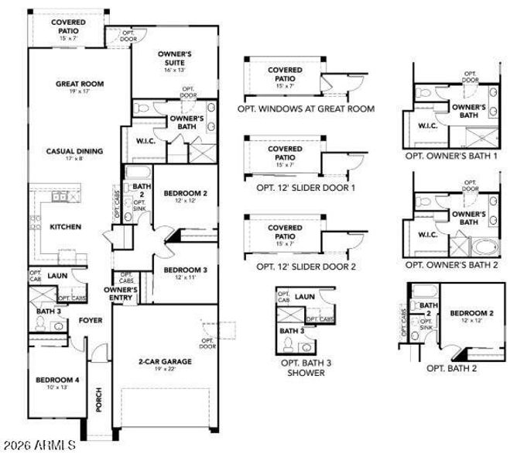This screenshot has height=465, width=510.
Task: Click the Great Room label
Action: (x=79, y=84)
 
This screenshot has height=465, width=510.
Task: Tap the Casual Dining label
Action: (x=74, y=151)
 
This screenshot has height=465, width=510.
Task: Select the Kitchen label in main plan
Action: (x=66, y=227)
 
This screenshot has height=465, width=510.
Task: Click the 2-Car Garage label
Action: (x=161, y=361)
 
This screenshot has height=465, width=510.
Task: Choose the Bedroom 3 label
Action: (x=185, y=270)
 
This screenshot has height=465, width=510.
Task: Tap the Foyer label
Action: (x=91, y=319)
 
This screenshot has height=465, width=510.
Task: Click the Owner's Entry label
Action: (x=121, y=293)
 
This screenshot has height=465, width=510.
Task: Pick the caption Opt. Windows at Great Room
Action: (x=308, y=109)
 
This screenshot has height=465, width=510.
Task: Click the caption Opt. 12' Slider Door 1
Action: (x=306, y=188)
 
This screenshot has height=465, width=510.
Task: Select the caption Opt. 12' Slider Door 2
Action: (x=306, y=266)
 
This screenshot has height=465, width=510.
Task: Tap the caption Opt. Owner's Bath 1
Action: (x=451, y=156)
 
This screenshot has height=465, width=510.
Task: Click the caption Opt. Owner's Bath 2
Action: (x=451, y=264)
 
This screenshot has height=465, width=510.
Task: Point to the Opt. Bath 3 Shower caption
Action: (x=302, y=367)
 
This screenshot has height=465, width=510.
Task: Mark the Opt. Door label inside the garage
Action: (x=207, y=343)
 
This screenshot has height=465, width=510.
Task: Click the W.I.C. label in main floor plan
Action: (x=146, y=141)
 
